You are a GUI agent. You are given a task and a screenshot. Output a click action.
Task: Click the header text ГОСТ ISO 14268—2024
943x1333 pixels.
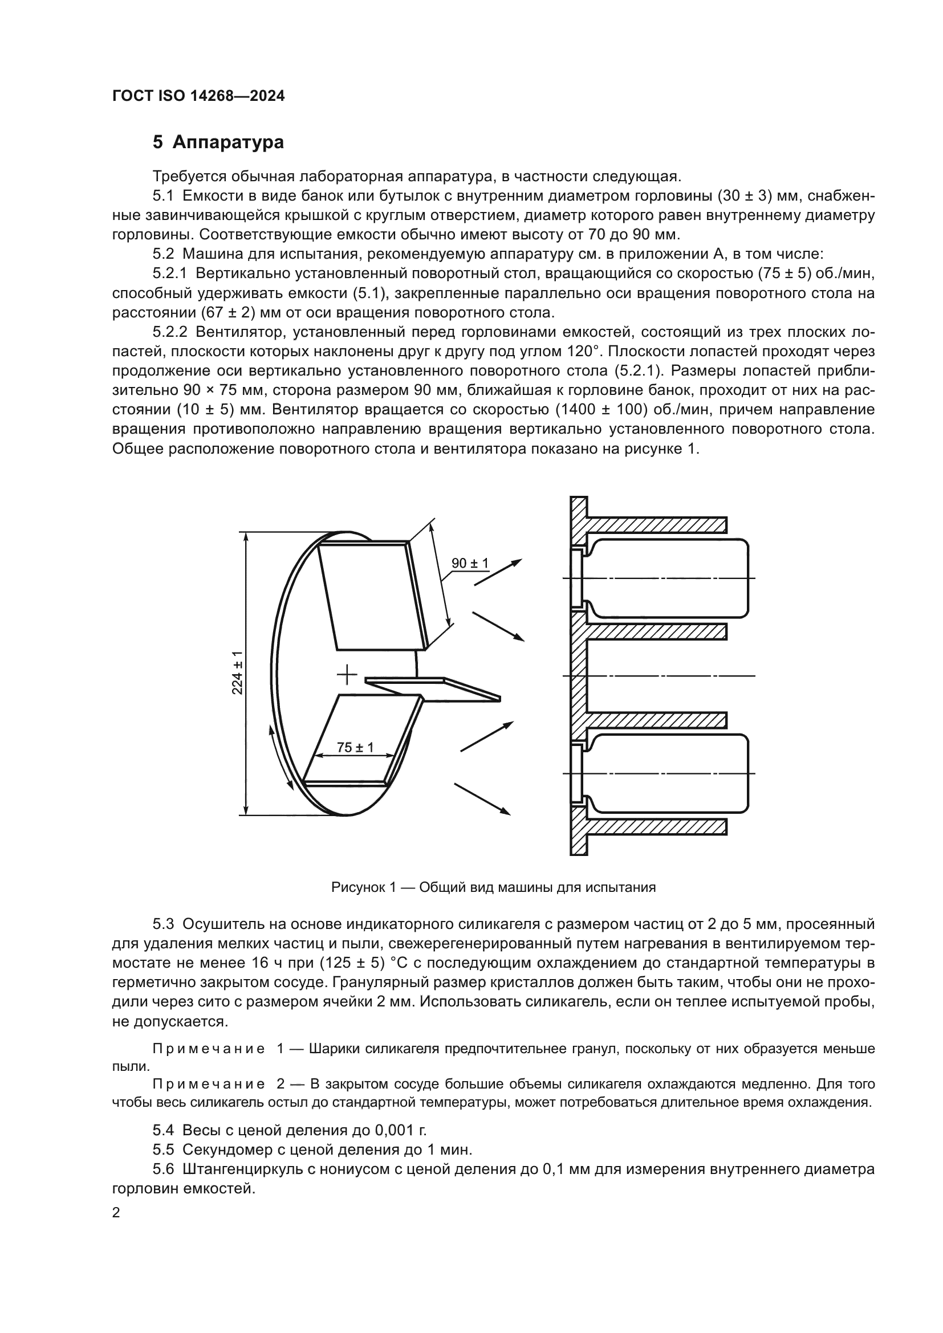[x=198, y=96]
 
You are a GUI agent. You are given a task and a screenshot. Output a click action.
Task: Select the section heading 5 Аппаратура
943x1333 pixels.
[x=218, y=142]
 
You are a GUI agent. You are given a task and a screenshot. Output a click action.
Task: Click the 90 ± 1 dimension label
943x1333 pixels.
[x=470, y=563]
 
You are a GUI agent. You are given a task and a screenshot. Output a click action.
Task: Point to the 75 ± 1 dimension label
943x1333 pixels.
[x=355, y=747]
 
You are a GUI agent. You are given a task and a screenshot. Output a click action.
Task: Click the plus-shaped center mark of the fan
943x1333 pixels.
[x=347, y=675]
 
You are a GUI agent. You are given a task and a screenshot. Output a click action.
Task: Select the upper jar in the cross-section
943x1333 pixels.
[x=668, y=578]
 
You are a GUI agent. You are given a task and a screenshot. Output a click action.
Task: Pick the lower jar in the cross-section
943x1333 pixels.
[x=668, y=773]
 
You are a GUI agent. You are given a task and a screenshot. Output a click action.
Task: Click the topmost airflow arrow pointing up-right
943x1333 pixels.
[x=498, y=572]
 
